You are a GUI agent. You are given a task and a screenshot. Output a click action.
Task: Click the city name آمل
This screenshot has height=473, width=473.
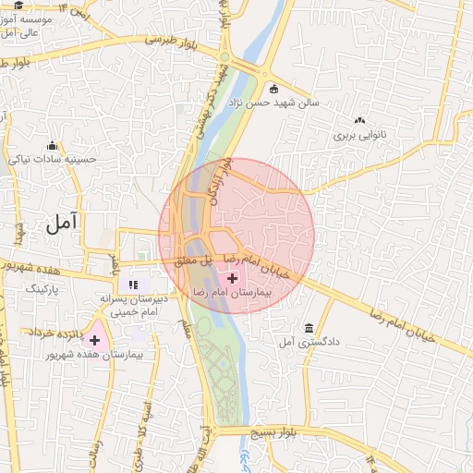tap(64, 223)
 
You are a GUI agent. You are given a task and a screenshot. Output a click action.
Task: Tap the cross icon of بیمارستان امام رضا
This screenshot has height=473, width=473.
tap(231, 276)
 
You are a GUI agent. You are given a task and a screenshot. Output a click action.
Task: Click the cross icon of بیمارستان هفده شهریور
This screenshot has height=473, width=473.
tap(94, 341)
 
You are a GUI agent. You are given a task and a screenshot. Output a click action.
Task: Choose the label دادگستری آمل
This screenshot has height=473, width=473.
tap(309, 342)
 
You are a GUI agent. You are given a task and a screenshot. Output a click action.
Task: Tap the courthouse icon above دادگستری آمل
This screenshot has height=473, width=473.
tap(309, 328)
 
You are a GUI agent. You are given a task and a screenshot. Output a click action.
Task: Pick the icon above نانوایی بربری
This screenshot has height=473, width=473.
tap(359, 120)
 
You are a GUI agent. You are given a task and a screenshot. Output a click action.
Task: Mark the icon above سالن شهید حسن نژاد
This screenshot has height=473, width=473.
tap(274, 89)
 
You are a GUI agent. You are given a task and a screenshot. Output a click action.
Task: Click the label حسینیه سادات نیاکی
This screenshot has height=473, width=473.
tap(53, 159)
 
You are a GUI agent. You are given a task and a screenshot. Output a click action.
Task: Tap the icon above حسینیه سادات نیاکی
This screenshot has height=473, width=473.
tap(53, 145)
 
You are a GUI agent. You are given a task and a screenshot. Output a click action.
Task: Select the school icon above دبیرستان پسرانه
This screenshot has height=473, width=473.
tap(134, 285)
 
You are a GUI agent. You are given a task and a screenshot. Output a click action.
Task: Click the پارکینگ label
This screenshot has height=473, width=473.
tap(41, 289)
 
